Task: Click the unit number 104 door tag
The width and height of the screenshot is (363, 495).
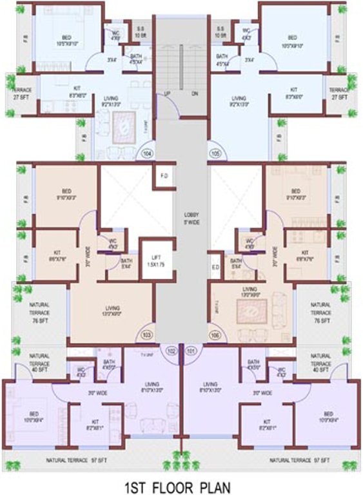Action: [148, 154]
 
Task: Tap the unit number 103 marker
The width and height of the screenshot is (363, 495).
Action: [147, 335]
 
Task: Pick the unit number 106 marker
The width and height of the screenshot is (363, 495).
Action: [216, 335]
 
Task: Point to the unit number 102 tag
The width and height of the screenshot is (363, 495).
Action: [171, 351]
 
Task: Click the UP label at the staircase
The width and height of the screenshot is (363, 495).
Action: [167, 93]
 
